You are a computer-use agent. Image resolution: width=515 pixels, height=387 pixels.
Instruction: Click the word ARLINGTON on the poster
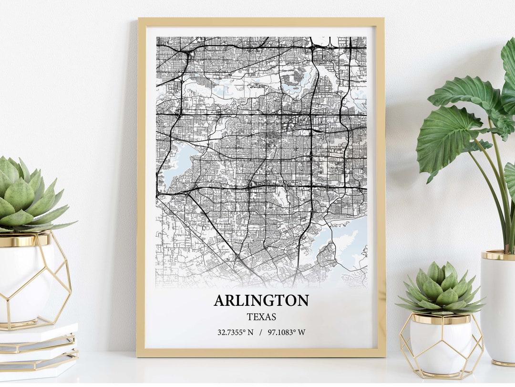261,301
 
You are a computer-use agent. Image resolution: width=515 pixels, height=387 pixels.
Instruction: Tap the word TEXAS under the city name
261,316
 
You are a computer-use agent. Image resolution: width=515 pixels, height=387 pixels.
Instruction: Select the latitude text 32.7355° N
235,332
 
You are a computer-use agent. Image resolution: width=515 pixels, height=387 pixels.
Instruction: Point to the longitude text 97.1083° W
286,332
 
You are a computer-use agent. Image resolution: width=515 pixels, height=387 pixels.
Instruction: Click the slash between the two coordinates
260,332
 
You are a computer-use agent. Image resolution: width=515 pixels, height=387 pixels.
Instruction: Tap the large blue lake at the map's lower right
346,239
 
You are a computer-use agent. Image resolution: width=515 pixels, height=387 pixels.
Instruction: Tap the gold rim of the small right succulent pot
441,319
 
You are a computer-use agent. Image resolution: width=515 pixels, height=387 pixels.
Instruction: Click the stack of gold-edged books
38,351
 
